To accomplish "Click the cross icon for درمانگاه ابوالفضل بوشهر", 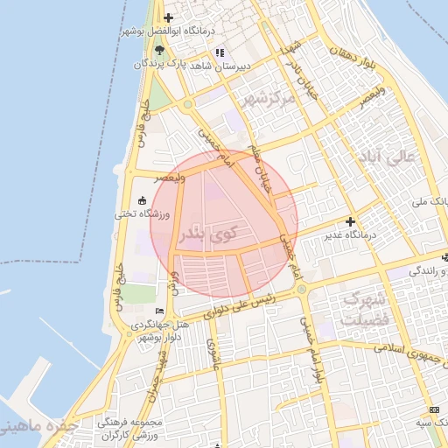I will [169, 17].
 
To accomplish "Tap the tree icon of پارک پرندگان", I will [158, 51].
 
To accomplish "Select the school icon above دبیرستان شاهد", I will [220, 52].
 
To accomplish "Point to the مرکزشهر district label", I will [279, 96].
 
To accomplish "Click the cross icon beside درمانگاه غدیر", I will [351, 222].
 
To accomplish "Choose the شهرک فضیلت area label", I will [362, 310].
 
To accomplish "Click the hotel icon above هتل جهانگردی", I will [159, 311].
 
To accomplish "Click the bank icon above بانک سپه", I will [435, 410].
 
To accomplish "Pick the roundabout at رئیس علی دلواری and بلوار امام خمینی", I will [301, 289].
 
